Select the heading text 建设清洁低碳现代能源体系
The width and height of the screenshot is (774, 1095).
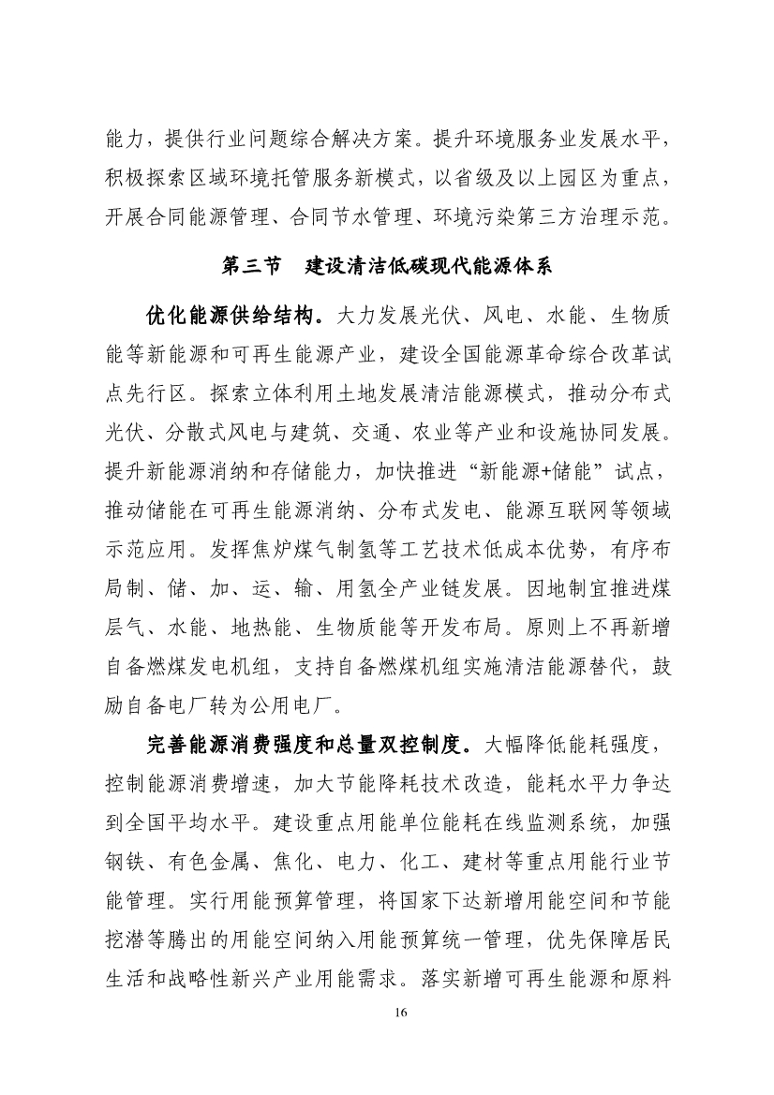430,266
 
